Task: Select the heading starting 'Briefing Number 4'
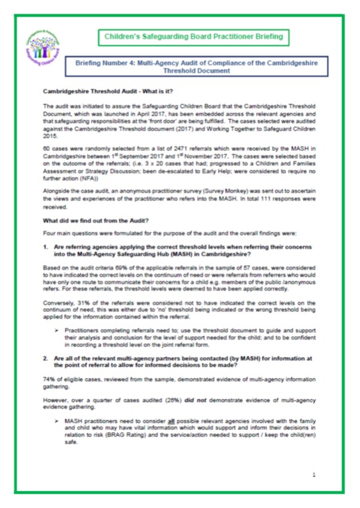(x=196, y=66)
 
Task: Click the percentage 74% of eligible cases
(x=49, y=378)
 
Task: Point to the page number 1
(x=314, y=475)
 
